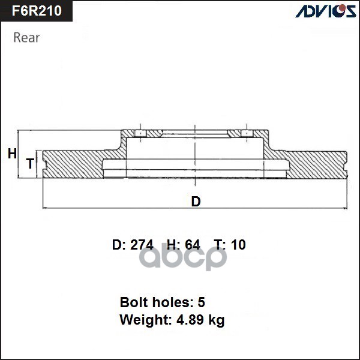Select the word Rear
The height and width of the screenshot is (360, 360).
[x=26, y=37]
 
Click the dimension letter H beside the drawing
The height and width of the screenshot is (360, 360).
[x=12, y=154]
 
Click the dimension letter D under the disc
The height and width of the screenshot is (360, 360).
[x=196, y=202]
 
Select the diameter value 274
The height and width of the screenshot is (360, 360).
[x=142, y=245]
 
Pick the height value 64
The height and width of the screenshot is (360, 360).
[x=192, y=245]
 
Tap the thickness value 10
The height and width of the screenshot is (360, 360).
[x=238, y=245]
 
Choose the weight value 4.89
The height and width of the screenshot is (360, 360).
[x=185, y=320]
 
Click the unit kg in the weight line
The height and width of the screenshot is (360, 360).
[x=216, y=321]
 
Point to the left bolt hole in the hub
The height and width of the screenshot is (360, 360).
[x=139, y=133]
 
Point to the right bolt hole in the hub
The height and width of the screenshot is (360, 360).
[x=245, y=133]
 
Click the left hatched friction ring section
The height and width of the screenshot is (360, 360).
[x=72, y=164]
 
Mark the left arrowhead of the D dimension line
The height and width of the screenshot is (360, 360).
[x=45, y=208]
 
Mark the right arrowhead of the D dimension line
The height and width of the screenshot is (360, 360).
[x=346, y=208]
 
